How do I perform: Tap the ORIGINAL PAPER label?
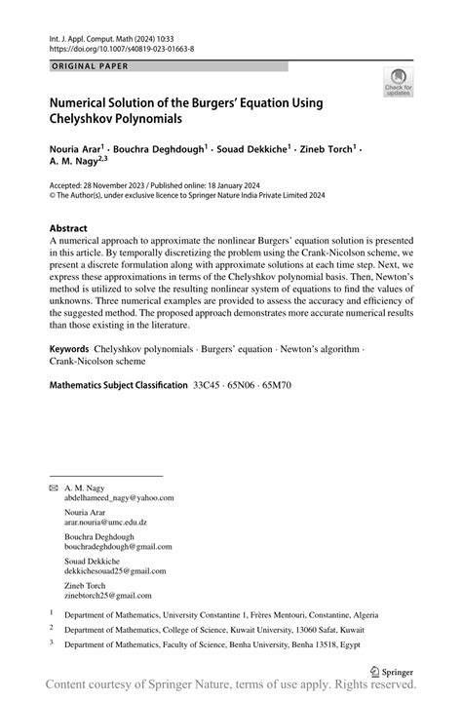click(x=87, y=66)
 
